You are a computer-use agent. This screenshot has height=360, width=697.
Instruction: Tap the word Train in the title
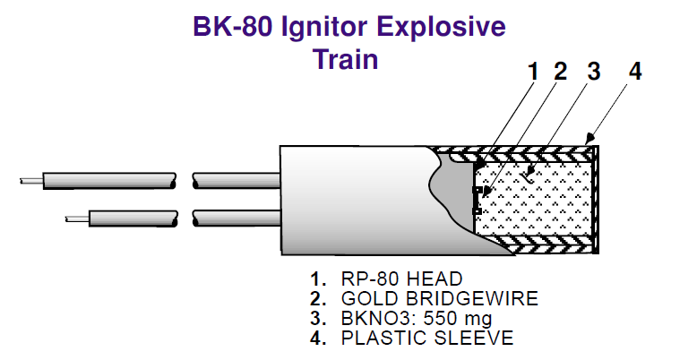346,60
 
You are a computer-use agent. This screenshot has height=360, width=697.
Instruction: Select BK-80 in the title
231,28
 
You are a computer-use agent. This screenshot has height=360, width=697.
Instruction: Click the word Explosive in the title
440,28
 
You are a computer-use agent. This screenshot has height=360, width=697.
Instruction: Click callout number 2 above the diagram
560,72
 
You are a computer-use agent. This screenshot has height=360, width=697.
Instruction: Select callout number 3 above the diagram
592,72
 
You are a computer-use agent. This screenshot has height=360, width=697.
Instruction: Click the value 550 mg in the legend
460,318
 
